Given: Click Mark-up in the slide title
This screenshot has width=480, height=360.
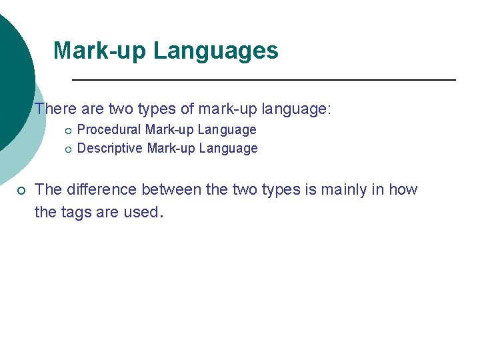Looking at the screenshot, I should click(101, 51).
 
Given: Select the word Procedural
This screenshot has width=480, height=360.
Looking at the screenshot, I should click(109, 129).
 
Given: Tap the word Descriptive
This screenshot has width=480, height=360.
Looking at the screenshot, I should click(110, 148).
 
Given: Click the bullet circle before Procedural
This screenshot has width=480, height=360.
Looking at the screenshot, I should click(68, 130).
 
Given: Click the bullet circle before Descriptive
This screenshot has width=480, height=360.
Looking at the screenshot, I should click(68, 149).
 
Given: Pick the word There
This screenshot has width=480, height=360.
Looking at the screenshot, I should click(55, 108).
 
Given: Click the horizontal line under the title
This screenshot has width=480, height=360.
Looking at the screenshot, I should click(263, 80).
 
